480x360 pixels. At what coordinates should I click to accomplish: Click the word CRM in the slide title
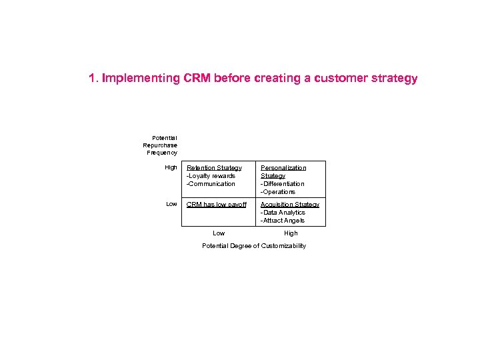click(x=195, y=79)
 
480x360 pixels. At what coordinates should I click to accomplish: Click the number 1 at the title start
click(x=92, y=79)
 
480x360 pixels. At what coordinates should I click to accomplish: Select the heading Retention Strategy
click(x=214, y=168)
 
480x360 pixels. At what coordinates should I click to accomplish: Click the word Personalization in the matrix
click(x=283, y=168)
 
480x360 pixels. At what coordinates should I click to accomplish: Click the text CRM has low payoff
click(x=217, y=205)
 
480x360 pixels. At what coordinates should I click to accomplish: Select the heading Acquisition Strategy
click(x=290, y=205)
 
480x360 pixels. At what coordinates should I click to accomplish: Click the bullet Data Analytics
click(x=283, y=213)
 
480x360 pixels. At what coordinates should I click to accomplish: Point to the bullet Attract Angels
click(x=283, y=221)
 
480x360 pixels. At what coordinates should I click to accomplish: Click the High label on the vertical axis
click(x=171, y=168)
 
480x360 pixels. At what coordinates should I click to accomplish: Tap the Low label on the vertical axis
click(x=171, y=205)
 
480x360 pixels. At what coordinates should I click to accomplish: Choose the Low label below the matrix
click(x=219, y=233)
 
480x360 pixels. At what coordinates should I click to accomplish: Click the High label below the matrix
click(x=291, y=233)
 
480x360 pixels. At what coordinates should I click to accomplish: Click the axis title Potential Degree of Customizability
click(x=254, y=246)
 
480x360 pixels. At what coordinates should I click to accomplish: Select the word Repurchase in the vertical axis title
click(x=160, y=145)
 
